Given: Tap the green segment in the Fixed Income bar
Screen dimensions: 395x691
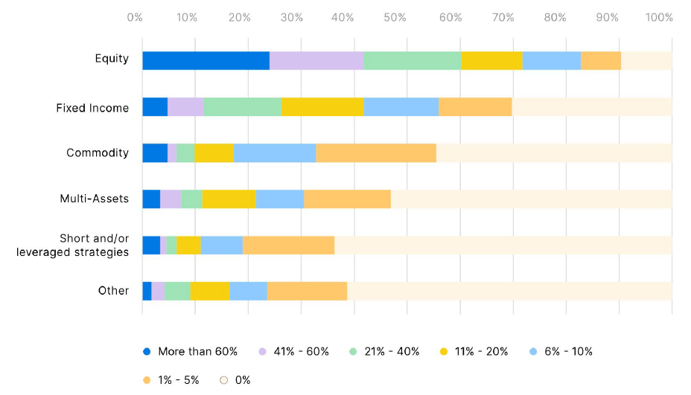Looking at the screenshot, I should pos(243,107).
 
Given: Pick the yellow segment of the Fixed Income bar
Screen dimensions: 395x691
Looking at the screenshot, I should pos(322,107).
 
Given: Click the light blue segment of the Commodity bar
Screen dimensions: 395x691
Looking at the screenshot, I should pos(275,152).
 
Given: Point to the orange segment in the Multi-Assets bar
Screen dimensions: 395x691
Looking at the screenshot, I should pos(347,199).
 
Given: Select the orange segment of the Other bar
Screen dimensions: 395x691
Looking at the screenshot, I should pos(307,291).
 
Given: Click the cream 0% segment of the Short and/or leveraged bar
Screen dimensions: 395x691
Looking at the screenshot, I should pos(503,245).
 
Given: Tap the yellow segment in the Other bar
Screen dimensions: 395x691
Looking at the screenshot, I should pos(209,291).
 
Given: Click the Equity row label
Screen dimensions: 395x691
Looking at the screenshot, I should pos(112,59).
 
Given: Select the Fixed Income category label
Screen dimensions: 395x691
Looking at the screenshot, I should pos(92,108).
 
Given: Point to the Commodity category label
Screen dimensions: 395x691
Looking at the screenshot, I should pos(98,153).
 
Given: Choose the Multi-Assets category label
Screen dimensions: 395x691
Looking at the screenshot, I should pos(95,199).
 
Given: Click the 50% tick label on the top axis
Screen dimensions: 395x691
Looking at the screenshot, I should pos(395,17).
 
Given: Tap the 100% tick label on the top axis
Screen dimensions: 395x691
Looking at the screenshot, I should pos(659,17).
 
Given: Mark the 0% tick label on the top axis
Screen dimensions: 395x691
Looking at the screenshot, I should pos(135,17).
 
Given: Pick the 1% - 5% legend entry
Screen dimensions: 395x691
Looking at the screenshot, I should pos(173,379).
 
